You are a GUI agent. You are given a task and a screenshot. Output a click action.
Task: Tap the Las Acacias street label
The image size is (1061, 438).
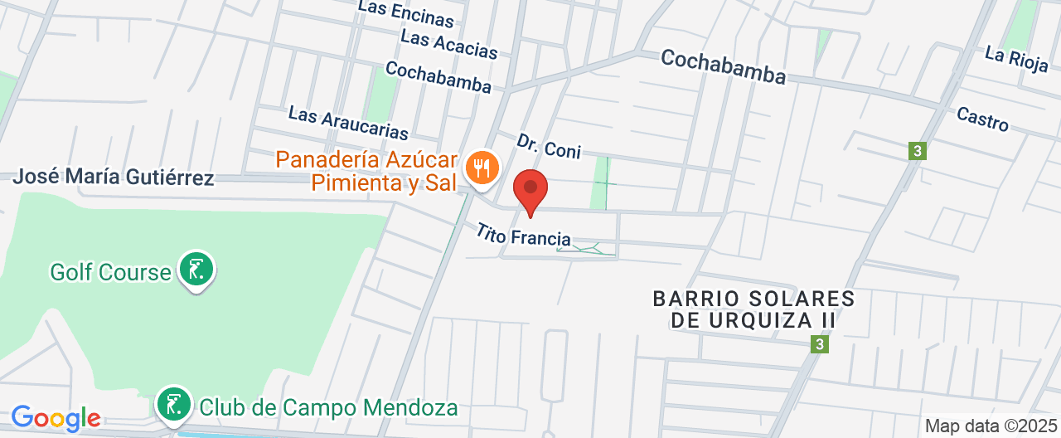[448, 44]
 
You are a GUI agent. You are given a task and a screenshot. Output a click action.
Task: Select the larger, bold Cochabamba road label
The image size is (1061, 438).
[723, 66]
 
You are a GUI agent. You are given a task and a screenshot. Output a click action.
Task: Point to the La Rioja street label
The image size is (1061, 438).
[1016, 61]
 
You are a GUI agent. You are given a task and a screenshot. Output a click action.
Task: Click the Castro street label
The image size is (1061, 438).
[982, 119]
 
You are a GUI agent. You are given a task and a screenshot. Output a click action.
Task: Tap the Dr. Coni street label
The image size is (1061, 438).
[549, 147]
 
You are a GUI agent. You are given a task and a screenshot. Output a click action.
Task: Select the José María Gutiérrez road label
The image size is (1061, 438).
[114, 177]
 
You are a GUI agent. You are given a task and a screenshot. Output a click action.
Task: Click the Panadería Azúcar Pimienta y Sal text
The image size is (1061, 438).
[367, 171]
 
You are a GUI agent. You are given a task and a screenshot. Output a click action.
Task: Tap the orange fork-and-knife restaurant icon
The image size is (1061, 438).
[480, 168]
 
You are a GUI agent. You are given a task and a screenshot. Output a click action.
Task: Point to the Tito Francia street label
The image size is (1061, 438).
[523, 235]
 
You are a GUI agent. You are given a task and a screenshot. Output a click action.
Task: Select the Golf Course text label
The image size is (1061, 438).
[110, 272]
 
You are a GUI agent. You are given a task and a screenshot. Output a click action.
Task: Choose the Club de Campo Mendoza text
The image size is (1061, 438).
[328, 408]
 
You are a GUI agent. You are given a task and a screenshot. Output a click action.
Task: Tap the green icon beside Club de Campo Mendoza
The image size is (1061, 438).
[174, 405]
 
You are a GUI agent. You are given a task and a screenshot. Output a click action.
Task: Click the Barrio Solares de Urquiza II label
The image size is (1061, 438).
[753, 309]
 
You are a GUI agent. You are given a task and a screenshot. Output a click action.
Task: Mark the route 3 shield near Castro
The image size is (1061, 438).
[916, 151]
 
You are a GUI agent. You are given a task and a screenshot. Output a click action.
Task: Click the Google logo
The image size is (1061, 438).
[56, 418]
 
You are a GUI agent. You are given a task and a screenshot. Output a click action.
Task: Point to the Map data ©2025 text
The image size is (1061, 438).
[990, 426]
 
